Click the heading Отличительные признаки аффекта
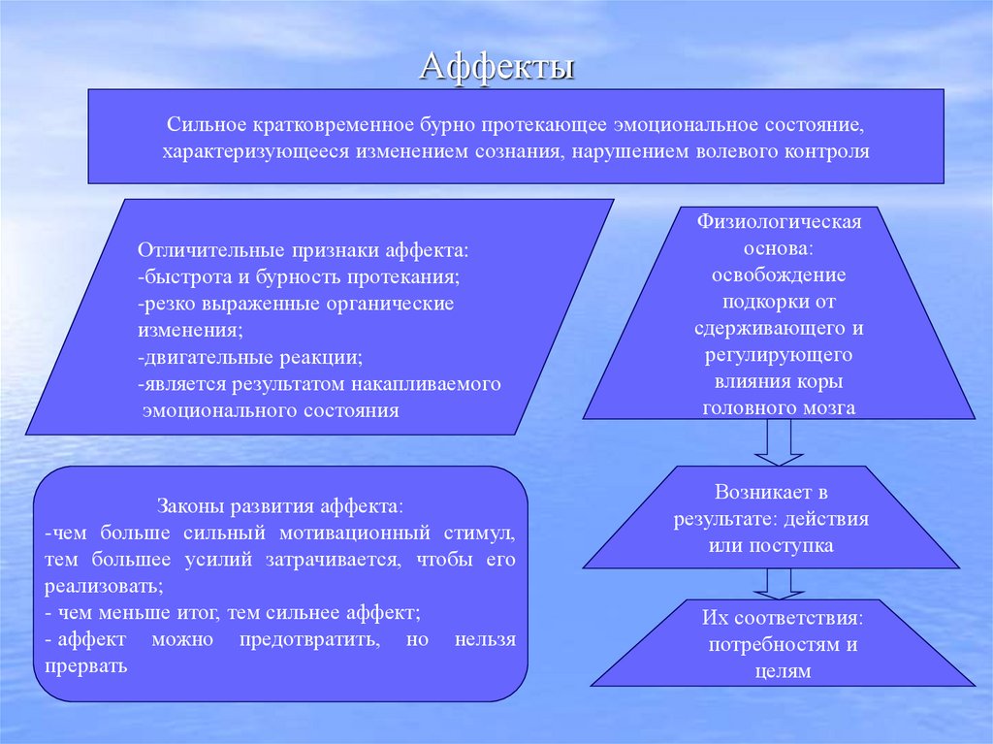304,250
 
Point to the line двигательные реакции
251,357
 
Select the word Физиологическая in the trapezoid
779,222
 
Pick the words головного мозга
779,407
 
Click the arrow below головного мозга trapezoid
779,443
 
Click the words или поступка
771,546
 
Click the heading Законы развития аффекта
279,506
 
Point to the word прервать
85,667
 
